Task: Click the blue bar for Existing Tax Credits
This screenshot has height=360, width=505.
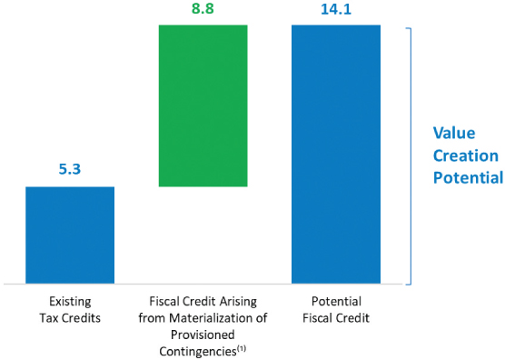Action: click(70, 235)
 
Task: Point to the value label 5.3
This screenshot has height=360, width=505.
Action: click(70, 170)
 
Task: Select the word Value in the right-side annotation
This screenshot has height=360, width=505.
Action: click(452, 133)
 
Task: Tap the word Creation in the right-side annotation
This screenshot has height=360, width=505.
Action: click(465, 155)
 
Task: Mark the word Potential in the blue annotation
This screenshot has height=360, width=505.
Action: click(469, 177)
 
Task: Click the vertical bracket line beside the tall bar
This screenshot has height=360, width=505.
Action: click(412, 155)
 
